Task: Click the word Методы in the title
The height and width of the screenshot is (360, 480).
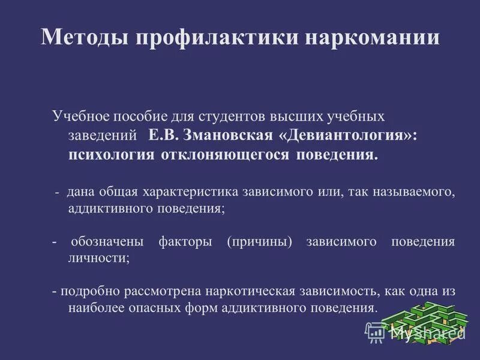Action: tap(83, 37)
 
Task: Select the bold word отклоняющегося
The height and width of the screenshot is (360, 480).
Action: tap(226, 155)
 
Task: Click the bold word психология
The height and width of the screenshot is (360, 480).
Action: tap(112, 155)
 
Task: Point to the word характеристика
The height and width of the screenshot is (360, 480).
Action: tap(190, 193)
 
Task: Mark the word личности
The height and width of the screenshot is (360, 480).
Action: tap(99, 258)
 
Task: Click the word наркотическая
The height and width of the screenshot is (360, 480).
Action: tap(249, 292)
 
